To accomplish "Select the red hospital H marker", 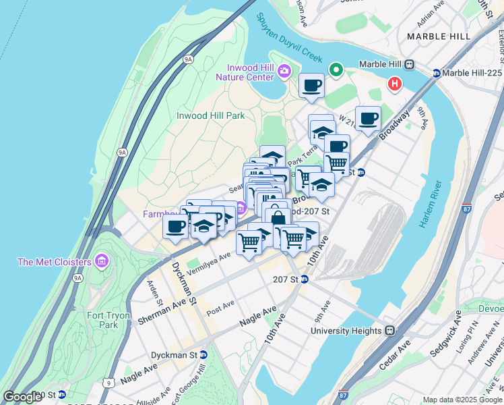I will click(395, 84).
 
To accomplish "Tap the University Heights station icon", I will click(389, 331).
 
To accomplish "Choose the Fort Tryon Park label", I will click(102, 320).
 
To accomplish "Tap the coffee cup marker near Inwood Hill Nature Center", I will click(311, 86).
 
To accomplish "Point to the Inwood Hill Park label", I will click(210, 115).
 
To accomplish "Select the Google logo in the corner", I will click(22, 397).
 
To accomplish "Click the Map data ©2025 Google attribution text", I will click(462, 400).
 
